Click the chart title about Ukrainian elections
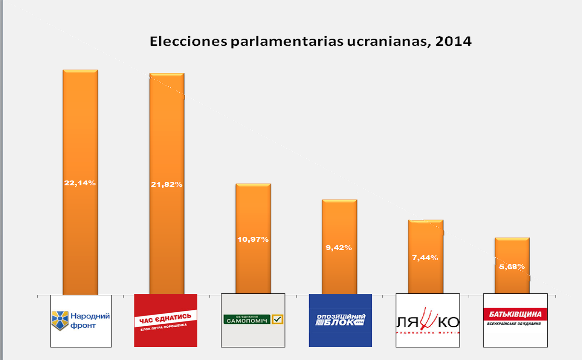click(x=310, y=41)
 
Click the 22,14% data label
click(x=80, y=183)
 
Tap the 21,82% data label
click(x=167, y=185)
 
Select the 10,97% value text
click(x=253, y=239)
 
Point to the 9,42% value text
click(x=339, y=248)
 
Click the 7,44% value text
click(x=426, y=258)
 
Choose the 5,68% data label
click(x=512, y=266)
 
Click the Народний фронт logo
click(x=81, y=320)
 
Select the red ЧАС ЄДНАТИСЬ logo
click(x=165, y=320)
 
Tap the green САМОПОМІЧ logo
click(x=253, y=320)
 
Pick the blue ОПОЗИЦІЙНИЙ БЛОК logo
click(x=340, y=320)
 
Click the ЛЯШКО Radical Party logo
click(x=427, y=320)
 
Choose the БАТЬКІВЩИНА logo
click(x=515, y=320)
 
